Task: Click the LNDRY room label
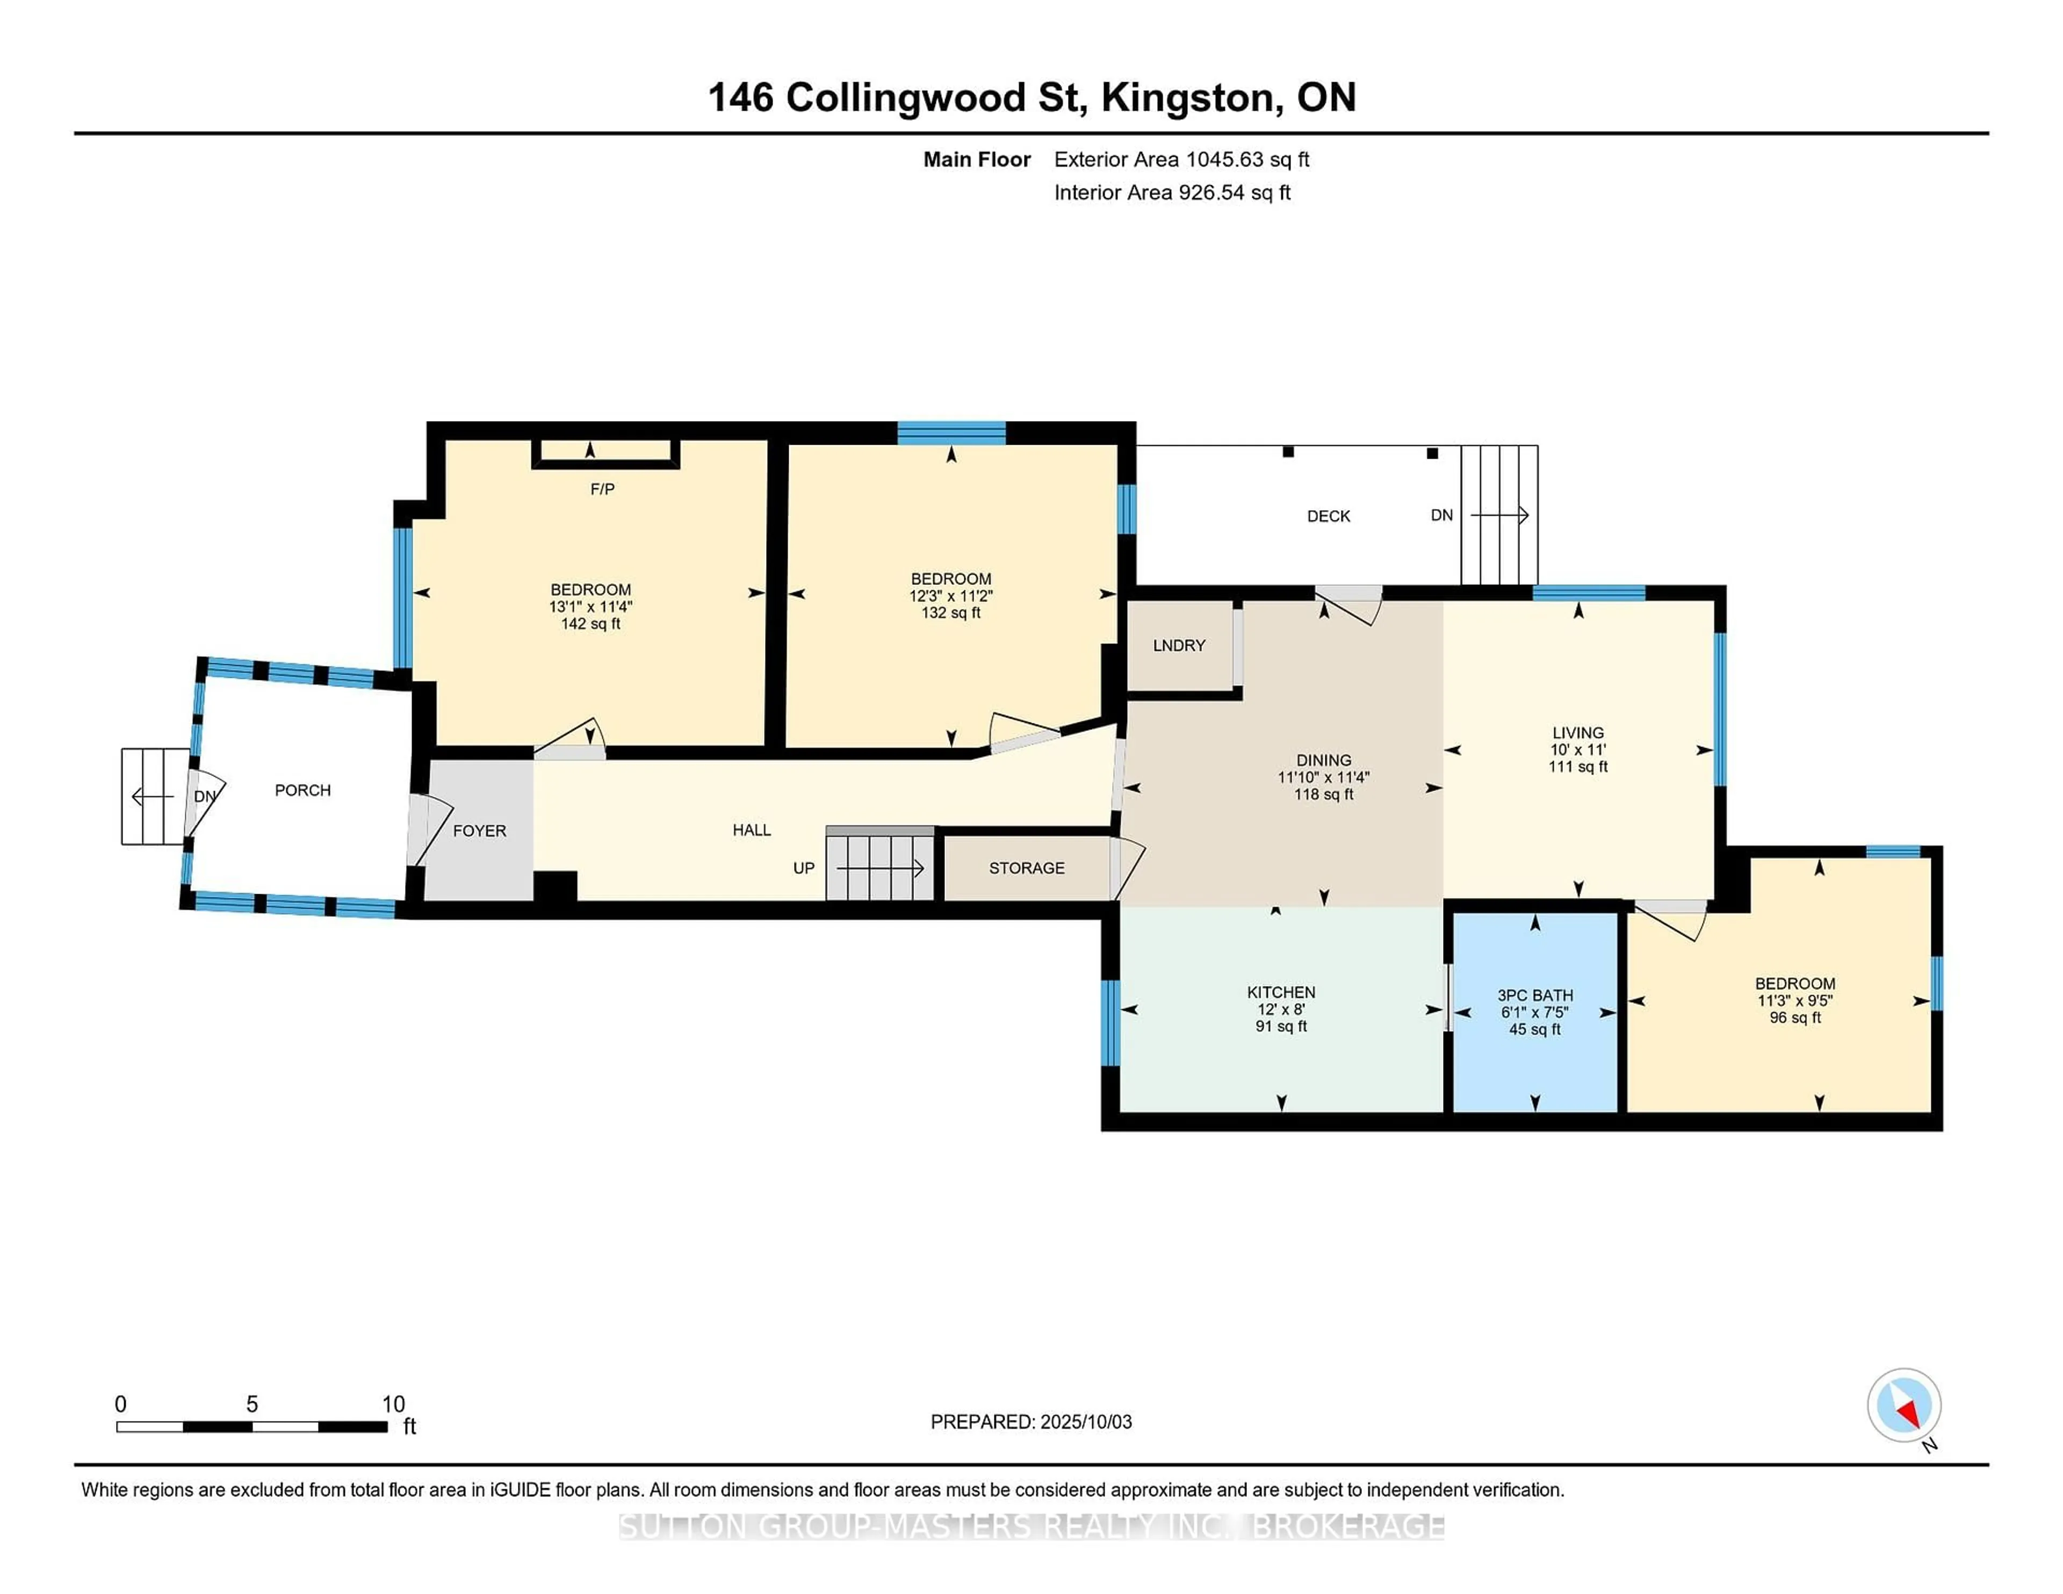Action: (1179, 646)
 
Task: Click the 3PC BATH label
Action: (1535, 995)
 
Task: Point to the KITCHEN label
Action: (1281, 992)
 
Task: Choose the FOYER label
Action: (480, 831)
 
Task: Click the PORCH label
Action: (303, 791)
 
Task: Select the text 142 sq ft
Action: (590, 624)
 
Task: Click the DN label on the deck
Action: (1441, 516)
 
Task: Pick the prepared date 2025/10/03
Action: (1085, 1422)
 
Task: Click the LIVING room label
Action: (1577, 733)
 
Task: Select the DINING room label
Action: (1323, 760)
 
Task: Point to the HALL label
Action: (752, 830)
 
